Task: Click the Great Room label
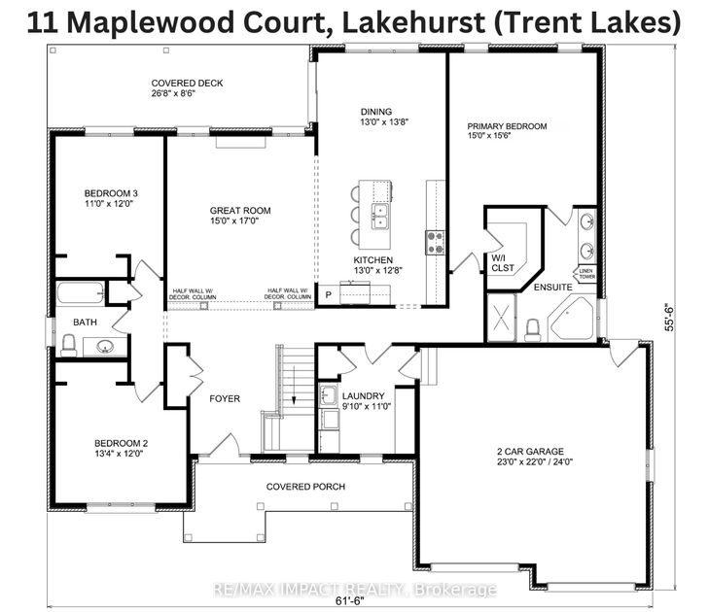(x=240, y=211)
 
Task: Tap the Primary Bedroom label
(x=507, y=126)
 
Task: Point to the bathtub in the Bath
(x=81, y=292)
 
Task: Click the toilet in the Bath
(x=69, y=343)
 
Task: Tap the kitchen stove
(x=434, y=241)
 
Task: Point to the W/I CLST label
(x=502, y=262)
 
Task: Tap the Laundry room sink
(x=328, y=395)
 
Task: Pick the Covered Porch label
(x=306, y=487)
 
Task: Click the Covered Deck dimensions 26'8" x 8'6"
(x=187, y=95)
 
